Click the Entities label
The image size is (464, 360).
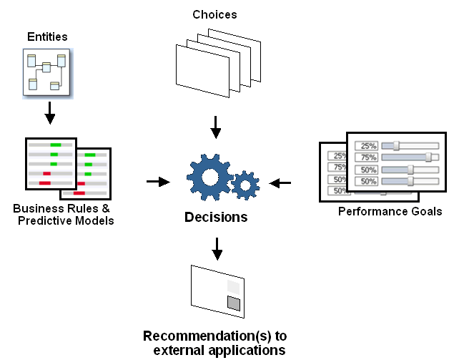47,36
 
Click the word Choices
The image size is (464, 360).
214,14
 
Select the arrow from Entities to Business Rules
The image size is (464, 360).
49,112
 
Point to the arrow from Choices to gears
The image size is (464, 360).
215,127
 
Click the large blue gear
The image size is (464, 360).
209,177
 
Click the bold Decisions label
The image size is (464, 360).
216,218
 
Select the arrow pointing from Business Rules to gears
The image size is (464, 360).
157,182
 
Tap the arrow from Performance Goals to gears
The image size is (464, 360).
280,183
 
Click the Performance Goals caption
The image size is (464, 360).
390,212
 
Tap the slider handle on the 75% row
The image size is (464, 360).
429,157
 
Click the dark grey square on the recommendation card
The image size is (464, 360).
233,303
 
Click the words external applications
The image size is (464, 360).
219,350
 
